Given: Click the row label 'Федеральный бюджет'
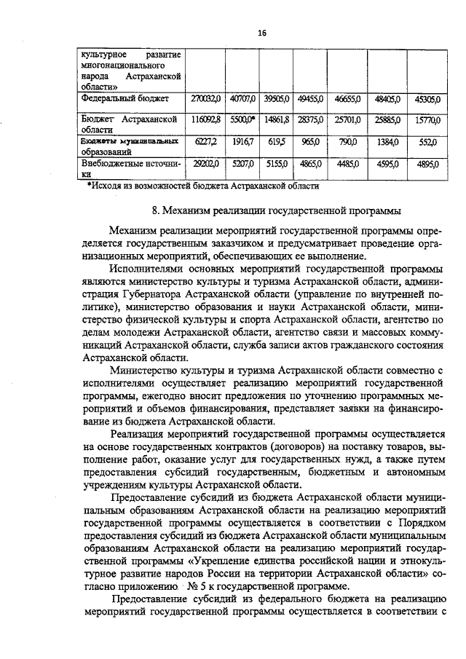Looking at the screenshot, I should coord(125,98).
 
